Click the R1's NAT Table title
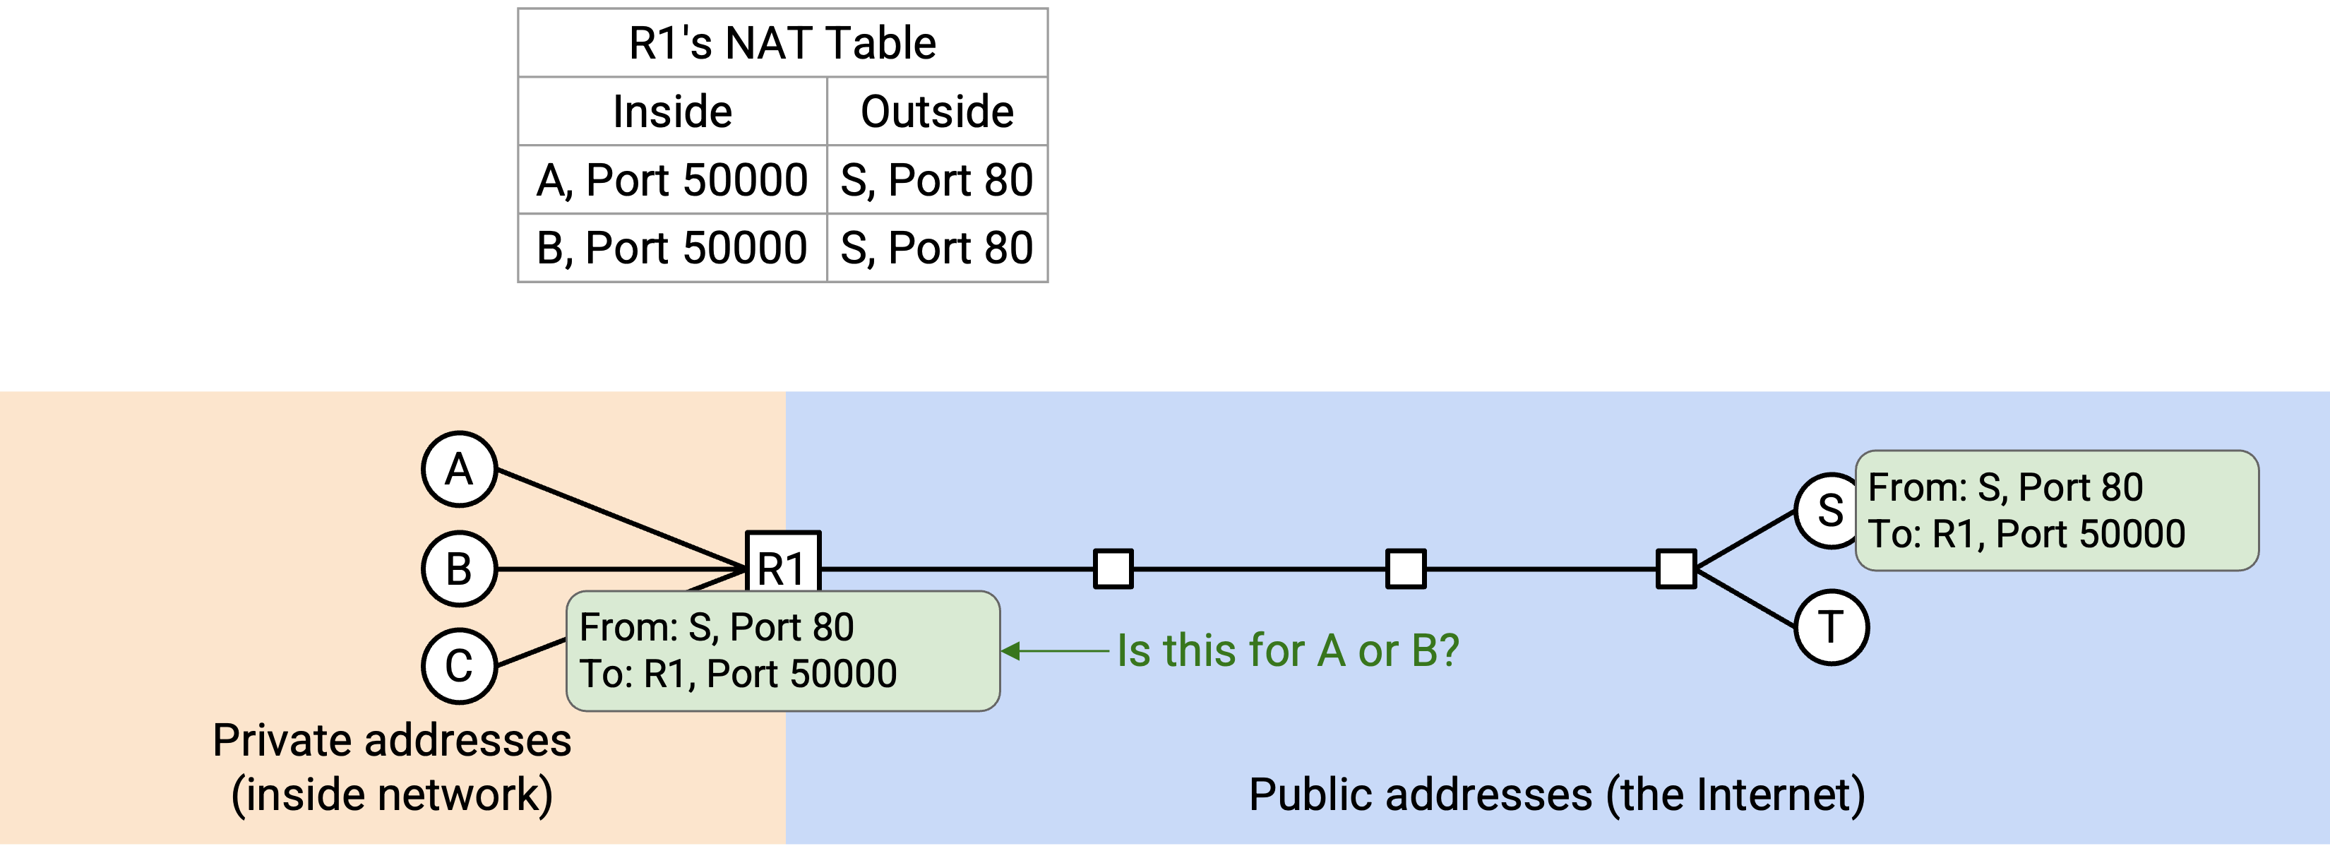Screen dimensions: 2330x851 (782, 43)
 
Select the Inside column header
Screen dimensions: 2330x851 (672, 112)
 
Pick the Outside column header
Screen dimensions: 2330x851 (937, 112)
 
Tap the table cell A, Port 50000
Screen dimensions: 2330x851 (672, 180)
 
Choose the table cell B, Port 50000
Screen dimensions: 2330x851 (672, 248)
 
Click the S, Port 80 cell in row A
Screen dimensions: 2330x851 (937, 180)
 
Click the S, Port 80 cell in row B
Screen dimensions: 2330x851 (937, 248)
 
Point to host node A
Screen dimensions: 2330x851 (460, 470)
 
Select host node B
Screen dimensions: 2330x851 (460, 569)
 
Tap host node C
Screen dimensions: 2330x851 (460, 667)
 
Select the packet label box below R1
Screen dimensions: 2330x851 (783, 651)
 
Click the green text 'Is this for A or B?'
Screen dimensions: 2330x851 (1288, 650)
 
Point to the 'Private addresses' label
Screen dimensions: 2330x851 (392, 741)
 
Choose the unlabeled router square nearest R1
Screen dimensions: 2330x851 (1113, 569)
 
